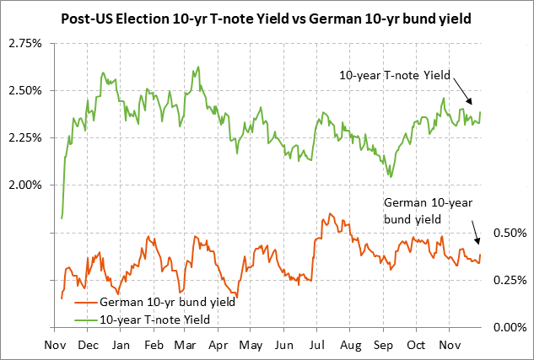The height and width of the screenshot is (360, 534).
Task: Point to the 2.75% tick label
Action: click(24, 42)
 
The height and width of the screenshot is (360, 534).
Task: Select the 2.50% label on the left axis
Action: click(24, 90)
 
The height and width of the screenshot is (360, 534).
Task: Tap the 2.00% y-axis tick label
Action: click(24, 185)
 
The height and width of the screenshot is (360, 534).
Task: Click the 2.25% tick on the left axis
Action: click(24, 137)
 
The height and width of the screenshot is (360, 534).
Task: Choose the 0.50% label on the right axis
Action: click(509, 232)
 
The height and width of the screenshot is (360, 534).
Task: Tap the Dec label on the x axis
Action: click(87, 346)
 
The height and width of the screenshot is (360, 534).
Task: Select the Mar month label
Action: click(186, 346)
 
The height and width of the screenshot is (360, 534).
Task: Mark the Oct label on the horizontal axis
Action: click(416, 346)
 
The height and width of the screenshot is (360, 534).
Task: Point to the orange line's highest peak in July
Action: click(330, 213)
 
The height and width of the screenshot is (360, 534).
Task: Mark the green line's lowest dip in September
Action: click(390, 176)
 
